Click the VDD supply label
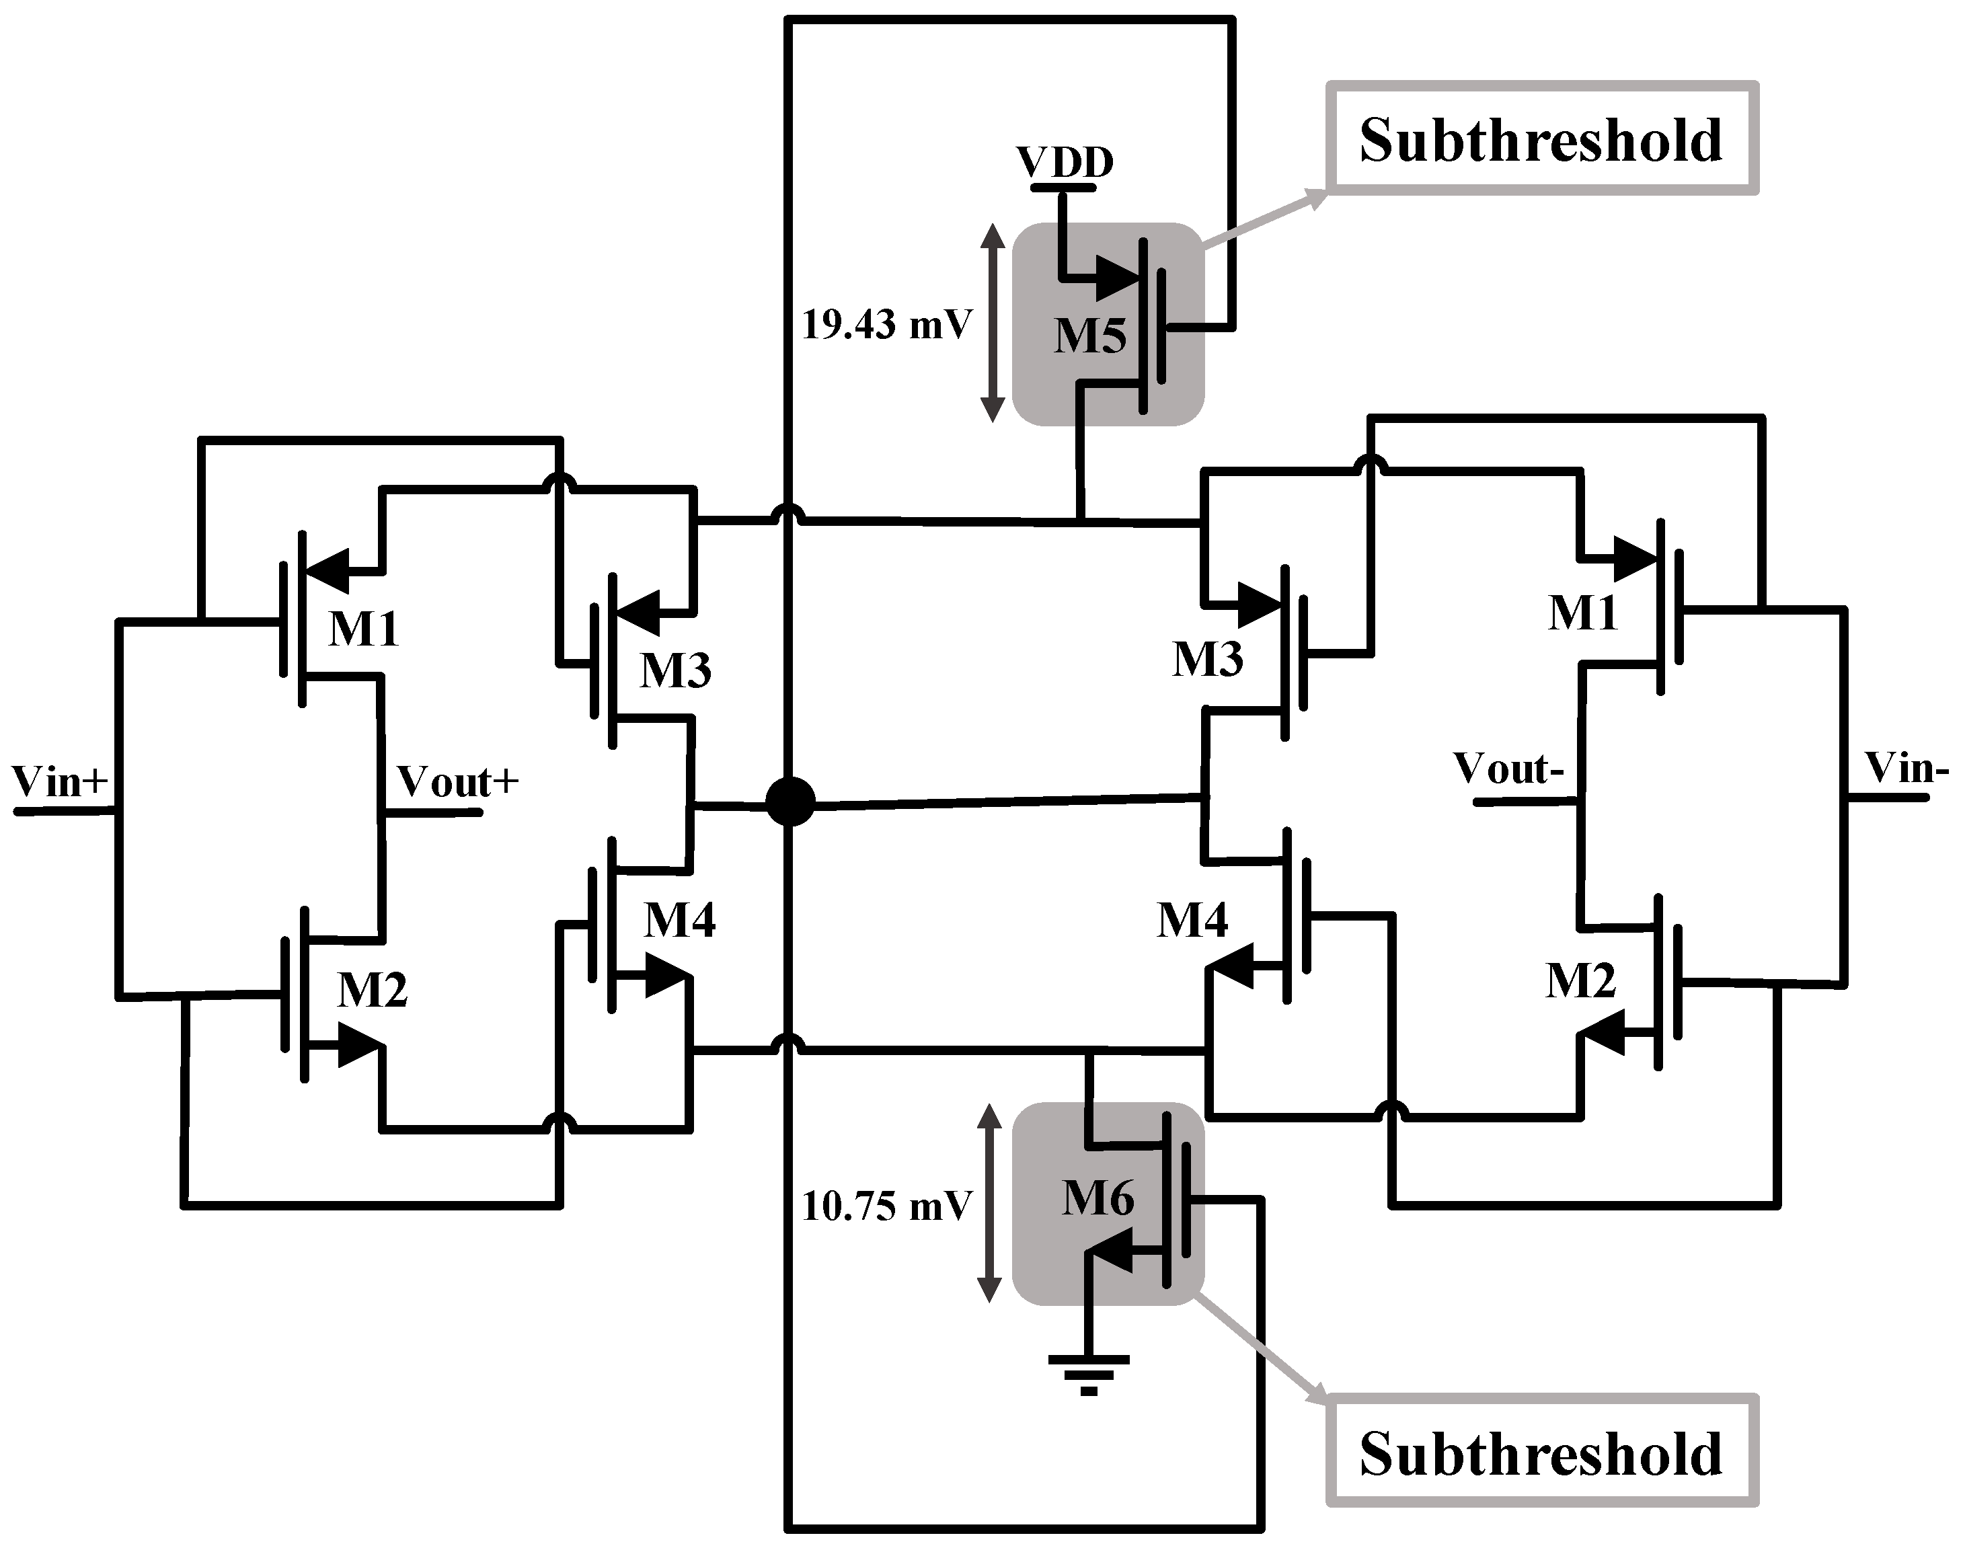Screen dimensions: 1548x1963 (x=1064, y=163)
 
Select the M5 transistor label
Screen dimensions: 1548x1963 (x=1089, y=336)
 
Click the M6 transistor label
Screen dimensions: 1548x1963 (x=1098, y=1199)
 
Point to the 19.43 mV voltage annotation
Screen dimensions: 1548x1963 (x=886, y=325)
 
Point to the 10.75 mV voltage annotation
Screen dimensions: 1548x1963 (x=886, y=1206)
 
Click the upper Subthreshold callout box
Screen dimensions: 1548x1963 (x=1541, y=139)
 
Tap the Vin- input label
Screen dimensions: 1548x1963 (x=1906, y=769)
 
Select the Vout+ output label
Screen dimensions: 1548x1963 (x=458, y=781)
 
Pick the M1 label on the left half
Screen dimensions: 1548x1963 (x=362, y=628)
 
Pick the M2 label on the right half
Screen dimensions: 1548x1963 (x=1580, y=980)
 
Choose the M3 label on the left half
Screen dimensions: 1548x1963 (x=675, y=670)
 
